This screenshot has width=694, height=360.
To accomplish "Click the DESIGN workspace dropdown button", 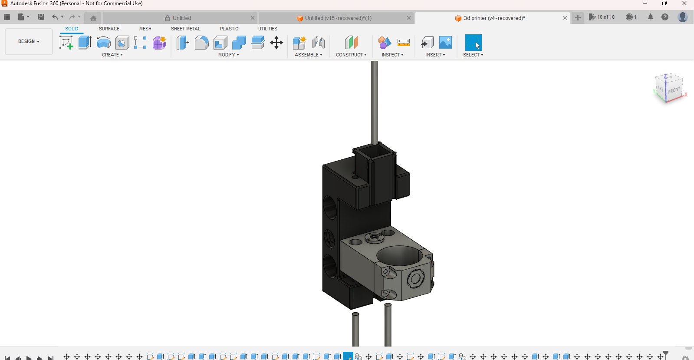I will click(x=29, y=41).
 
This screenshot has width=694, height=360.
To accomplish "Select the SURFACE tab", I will click(x=109, y=29).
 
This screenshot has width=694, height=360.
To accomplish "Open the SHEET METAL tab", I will click(x=185, y=29).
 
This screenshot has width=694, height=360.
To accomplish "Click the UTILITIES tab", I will click(x=267, y=29).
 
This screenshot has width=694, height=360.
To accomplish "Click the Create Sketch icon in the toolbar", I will click(x=66, y=43).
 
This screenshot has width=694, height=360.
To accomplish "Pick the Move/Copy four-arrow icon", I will click(x=276, y=43).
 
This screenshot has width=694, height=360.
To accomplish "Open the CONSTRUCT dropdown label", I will click(x=351, y=55).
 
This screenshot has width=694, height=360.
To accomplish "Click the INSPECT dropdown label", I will click(x=392, y=55).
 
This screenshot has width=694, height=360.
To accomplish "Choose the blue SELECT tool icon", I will click(x=473, y=43).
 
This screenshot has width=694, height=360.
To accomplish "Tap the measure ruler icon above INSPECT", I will click(x=404, y=43).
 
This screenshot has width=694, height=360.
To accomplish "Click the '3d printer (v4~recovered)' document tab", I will click(x=494, y=18).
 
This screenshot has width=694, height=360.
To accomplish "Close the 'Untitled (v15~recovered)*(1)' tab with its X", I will click(x=408, y=18).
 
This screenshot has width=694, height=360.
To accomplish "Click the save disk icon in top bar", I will click(x=41, y=17).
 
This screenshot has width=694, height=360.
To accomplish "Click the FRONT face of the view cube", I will click(x=674, y=90).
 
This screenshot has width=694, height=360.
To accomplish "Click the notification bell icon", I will click(x=650, y=17).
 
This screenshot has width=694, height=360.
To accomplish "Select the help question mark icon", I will click(x=664, y=17).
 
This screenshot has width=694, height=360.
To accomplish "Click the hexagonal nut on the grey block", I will click(x=415, y=278).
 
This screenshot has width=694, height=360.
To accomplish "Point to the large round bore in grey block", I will click(x=398, y=255).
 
